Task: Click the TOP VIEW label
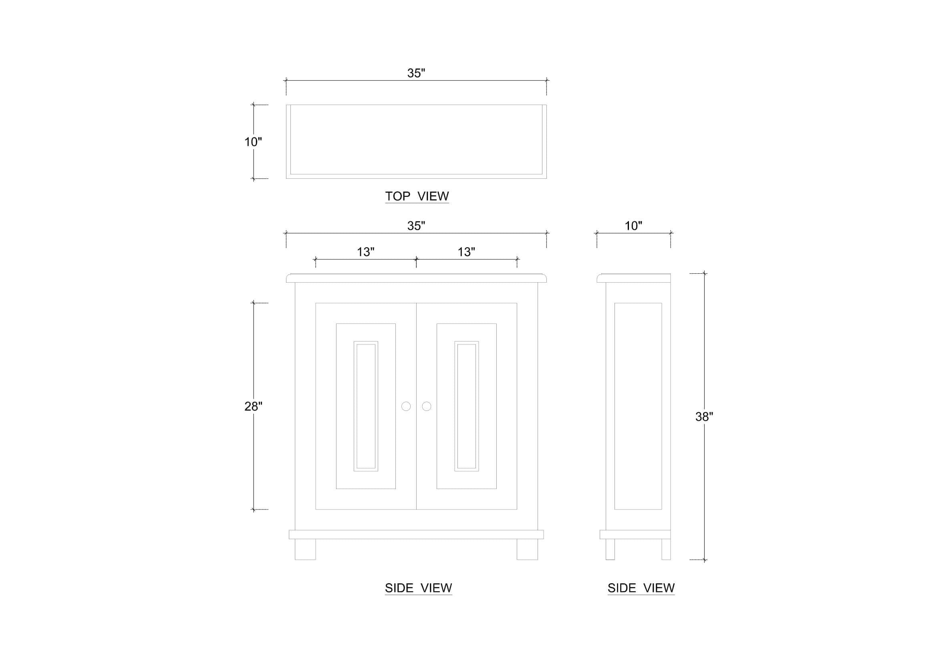[x=417, y=196]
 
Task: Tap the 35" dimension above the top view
[x=416, y=73]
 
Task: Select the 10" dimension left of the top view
[x=253, y=141]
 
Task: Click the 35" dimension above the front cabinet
[x=416, y=226]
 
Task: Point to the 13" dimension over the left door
[x=366, y=252]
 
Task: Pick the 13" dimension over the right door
[x=466, y=252]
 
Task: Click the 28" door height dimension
[x=253, y=406]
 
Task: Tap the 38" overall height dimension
[x=704, y=416]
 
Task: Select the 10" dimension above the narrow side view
[x=633, y=226]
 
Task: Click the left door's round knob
[x=406, y=406]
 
